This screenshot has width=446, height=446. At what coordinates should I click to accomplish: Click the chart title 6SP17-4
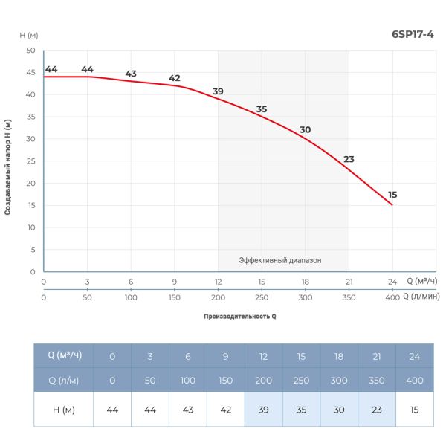413,33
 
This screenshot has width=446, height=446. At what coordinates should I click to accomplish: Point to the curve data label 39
218,91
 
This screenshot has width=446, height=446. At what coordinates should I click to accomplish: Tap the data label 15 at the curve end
392,195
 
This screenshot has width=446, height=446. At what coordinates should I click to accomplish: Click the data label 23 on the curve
349,159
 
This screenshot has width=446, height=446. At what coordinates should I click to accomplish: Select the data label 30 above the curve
305,129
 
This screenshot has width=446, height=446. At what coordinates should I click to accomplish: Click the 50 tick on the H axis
30,51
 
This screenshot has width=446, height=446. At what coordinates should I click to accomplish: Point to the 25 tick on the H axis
30,161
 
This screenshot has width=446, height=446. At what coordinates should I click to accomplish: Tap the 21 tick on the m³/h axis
349,282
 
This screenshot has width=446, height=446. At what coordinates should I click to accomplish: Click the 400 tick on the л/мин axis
392,297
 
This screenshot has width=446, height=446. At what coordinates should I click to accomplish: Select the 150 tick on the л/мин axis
175,297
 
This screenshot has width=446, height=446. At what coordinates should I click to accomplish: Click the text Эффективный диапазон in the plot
283,260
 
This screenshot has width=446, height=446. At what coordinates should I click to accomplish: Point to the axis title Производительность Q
240,316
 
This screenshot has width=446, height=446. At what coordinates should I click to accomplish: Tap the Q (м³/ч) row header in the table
65,355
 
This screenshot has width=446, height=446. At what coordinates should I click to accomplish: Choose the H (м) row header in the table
65,410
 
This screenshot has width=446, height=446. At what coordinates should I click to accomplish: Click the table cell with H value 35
301,410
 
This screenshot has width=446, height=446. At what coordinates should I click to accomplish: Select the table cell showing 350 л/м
377,380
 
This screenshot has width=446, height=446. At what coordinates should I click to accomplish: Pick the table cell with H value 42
225,410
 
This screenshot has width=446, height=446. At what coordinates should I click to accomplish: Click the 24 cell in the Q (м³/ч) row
415,356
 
